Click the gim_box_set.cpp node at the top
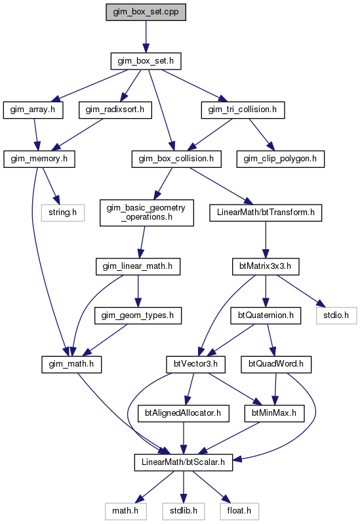coord(146,12)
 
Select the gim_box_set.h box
coord(146,61)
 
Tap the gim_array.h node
coord(33,110)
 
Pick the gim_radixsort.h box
coord(115,110)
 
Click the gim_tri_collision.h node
coord(243,110)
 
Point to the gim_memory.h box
coord(39,159)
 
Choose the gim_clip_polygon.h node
coord(281,159)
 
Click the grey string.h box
coord(63,212)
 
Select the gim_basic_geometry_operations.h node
coord(146,212)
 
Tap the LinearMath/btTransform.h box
coord(266,212)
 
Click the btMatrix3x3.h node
coord(266,267)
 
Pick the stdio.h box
coord(336,315)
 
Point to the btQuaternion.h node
coord(266,315)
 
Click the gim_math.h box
coord(71,364)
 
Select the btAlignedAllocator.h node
coord(183,413)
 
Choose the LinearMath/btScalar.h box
coord(183,462)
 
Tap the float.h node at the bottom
coord(239,512)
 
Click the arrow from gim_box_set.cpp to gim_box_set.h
coord(146,37)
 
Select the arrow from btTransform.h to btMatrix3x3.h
coord(266,239)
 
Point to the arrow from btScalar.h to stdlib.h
coord(183,487)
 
